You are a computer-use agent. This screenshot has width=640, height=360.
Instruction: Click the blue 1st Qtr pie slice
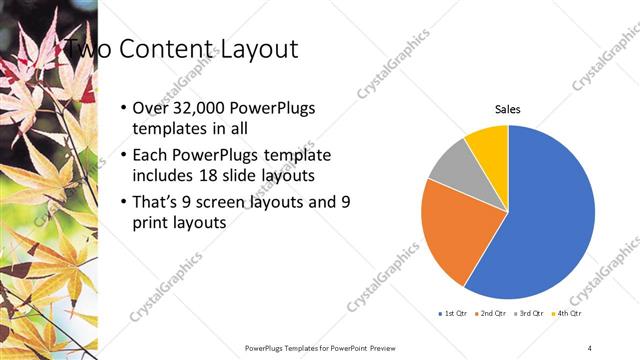(545, 220)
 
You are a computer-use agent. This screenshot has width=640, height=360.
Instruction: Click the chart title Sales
(508, 110)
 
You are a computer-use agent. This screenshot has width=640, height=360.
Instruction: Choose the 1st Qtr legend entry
(453, 314)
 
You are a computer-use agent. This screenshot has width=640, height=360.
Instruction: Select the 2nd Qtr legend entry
(491, 314)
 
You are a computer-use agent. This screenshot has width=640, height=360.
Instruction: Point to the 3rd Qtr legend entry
(529, 314)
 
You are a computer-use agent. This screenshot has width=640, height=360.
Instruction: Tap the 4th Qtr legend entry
(567, 314)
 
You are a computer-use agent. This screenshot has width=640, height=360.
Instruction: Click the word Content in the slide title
(166, 48)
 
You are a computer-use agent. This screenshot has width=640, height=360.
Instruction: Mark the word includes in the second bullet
(163, 176)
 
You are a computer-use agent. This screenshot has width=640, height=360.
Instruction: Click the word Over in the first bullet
(151, 108)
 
